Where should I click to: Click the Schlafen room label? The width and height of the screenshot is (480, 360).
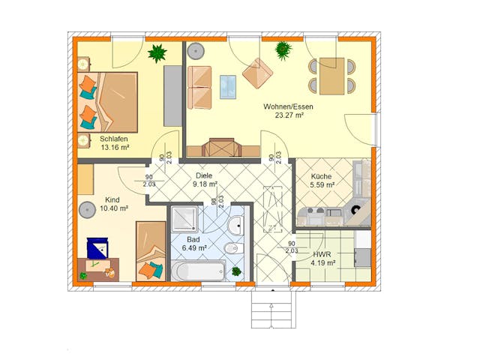click(113, 139)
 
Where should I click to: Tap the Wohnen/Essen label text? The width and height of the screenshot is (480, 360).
click(288, 106)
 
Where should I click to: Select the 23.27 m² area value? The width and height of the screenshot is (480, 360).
click(288, 115)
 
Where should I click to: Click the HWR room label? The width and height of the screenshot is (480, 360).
click(322, 253)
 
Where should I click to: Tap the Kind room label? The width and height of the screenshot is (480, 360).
click(112, 199)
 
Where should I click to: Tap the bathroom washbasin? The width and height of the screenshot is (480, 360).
click(235, 223)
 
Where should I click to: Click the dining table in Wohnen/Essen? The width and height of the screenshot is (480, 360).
click(331, 76)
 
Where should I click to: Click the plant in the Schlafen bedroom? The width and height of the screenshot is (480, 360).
click(157, 53)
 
